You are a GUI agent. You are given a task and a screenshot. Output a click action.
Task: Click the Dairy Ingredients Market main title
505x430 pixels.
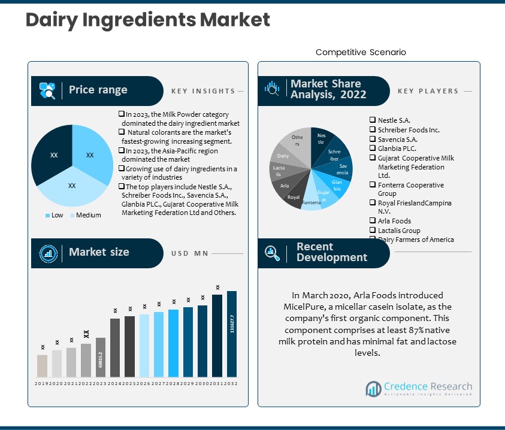147,20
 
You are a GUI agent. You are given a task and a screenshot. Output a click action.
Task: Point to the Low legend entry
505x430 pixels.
55,215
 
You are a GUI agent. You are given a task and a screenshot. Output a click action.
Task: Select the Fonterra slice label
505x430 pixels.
311,202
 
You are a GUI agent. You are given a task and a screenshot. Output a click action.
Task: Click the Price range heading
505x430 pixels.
98,90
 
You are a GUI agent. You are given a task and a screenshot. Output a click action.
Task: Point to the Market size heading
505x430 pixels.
98,252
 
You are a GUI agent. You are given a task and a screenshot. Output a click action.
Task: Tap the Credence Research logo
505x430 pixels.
419,389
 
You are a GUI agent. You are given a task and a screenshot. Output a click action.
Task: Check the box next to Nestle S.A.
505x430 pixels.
373,120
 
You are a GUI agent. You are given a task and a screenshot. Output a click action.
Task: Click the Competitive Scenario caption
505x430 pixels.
361,52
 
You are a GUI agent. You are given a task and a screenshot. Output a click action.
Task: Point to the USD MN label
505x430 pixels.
190,253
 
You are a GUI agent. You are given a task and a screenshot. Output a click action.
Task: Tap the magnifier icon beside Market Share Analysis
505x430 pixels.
273,89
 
